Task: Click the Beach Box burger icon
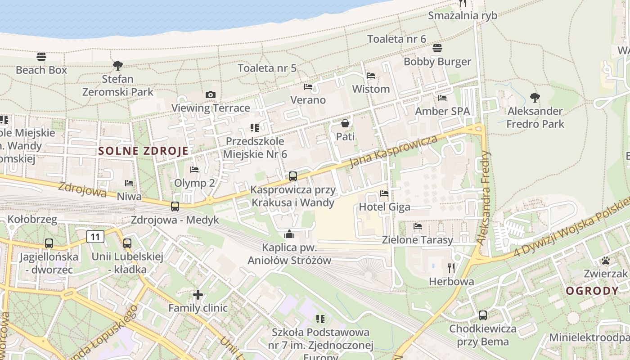point(41,57)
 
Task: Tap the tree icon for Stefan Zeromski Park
point(118,66)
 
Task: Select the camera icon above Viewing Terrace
point(210,94)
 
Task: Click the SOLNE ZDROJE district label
point(143,151)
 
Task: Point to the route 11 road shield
point(96,236)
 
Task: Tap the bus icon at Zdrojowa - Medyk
point(175,207)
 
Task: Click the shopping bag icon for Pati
point(345,123)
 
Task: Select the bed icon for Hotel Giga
point(384,193)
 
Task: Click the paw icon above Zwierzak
point(605,260)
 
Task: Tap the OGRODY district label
point(592,291)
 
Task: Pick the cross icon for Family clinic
point(198,295)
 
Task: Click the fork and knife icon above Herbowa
point(451,268)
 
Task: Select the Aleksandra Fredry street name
point(484,198)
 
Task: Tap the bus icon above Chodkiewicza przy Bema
point(483,315)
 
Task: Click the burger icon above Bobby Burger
point(437,48)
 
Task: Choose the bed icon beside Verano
point(308,86)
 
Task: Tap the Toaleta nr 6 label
point(396,39)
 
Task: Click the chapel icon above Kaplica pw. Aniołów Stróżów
point(289,234)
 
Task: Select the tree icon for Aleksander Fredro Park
point(535,97)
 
